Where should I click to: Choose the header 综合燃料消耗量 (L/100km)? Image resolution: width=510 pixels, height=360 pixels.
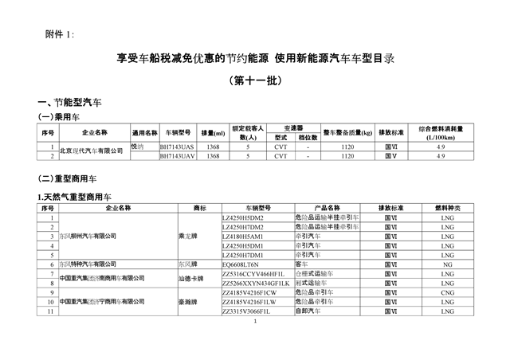click(440, 132)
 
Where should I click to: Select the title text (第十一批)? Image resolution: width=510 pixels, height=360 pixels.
click(255, 80)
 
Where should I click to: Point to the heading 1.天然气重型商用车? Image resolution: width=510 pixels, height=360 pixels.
click(76, 195)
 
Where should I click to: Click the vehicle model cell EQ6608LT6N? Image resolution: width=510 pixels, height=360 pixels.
click(244, 263)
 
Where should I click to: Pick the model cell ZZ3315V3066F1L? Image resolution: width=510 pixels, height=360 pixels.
click(253, 311)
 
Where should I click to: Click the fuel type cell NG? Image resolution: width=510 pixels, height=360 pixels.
click(449, 263)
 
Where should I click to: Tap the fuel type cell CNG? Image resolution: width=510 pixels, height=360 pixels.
click(449, 292)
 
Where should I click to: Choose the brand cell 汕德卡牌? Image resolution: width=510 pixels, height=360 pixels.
click(194, 277)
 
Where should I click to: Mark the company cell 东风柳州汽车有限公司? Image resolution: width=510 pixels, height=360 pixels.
click(88, 236)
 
